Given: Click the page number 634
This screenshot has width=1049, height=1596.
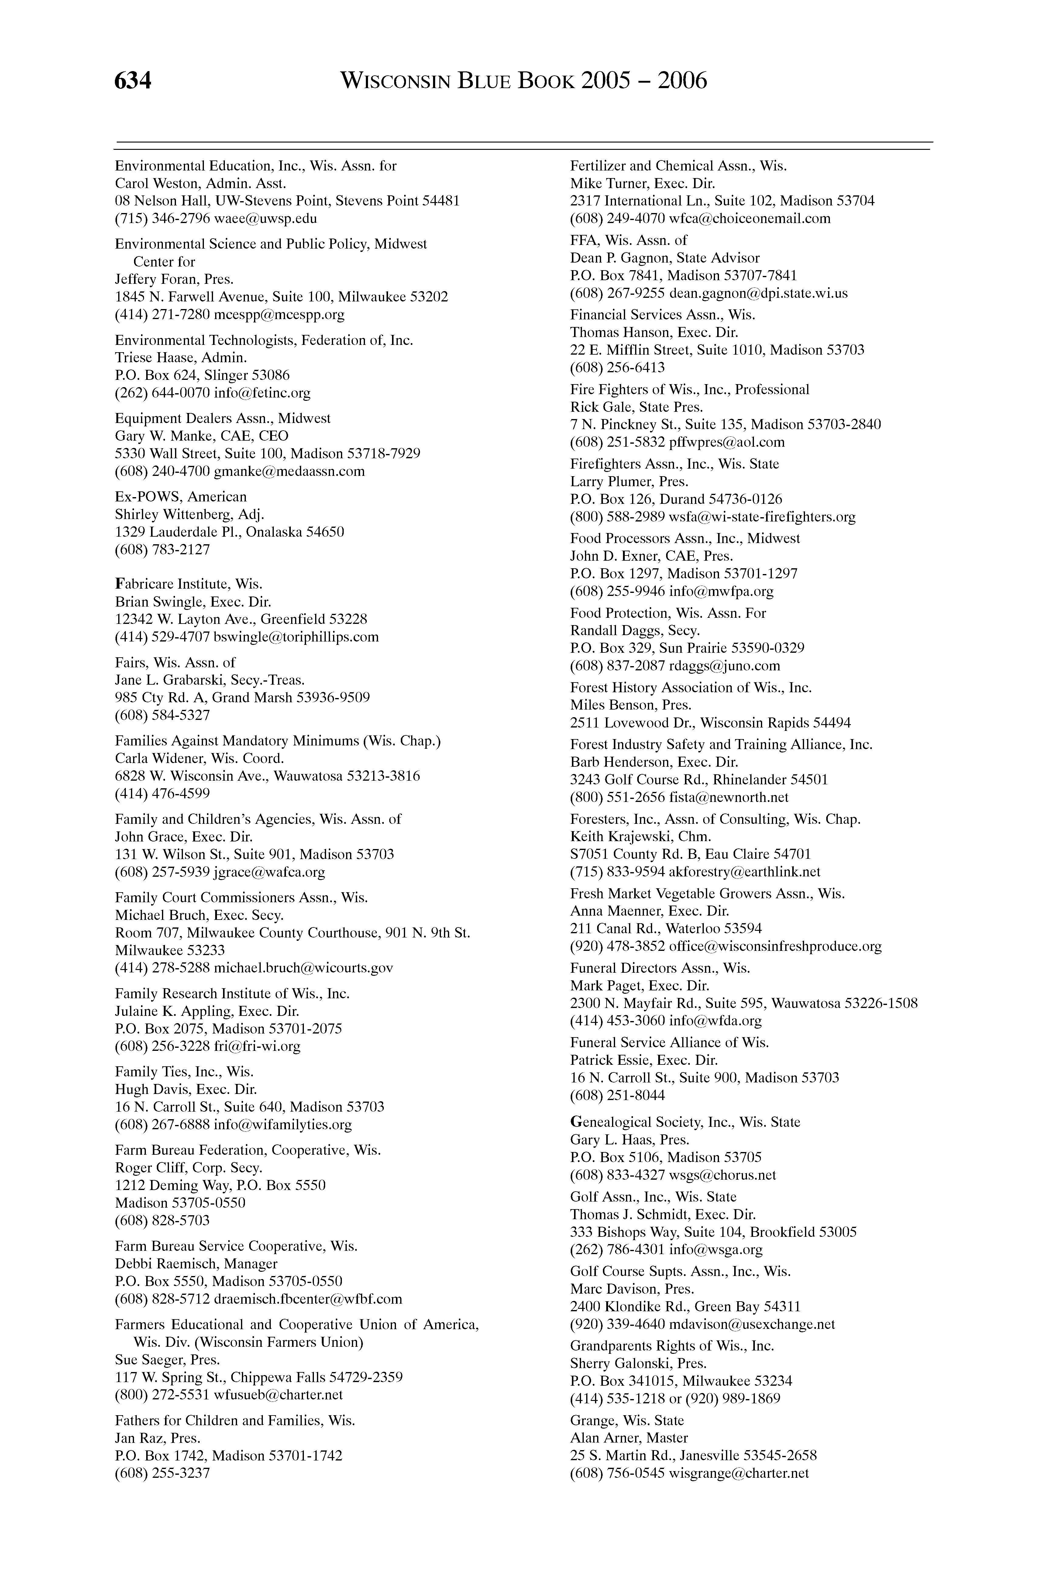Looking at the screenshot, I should pos(133,81).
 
